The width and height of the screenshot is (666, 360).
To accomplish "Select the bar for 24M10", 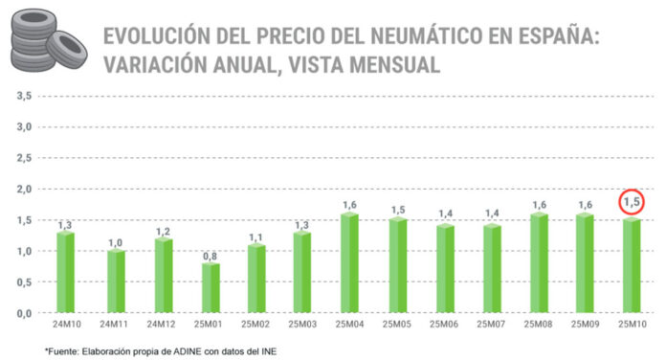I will [66, 273].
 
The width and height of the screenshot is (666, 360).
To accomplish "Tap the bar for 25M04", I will [350, 263].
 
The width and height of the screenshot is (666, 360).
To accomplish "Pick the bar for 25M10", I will [632, 266].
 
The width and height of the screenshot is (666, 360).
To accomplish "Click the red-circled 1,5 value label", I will [632, 202].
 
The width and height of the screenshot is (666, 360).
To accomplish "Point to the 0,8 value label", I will [210, 256].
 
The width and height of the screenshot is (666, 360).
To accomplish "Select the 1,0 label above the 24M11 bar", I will [116, 243].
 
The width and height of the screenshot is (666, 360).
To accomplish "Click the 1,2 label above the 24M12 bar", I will [163, 231].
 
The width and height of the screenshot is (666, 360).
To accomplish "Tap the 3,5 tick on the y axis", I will [24, 96].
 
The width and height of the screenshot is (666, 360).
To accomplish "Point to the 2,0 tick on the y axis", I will [24, 190].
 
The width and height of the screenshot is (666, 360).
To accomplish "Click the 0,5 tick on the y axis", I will [24, 282].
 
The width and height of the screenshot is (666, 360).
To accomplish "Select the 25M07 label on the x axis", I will [491, 324].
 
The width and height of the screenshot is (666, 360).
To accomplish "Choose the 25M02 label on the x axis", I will [256, 324].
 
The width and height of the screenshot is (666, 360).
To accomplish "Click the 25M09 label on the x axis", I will [585, 324].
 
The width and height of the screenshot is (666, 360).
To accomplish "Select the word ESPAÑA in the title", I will [567, 37].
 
